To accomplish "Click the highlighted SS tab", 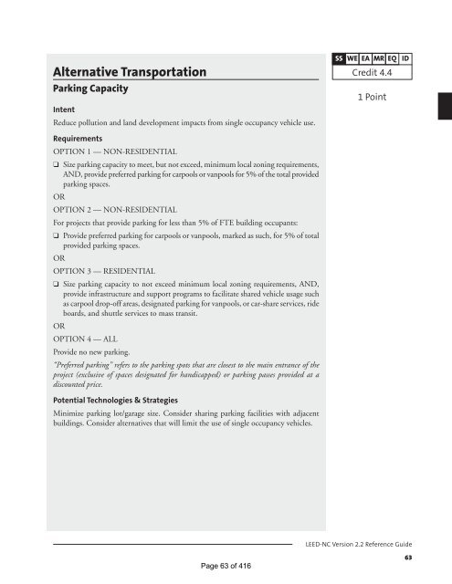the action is coord(337,58).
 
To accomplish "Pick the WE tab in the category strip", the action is coord(353,58).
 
